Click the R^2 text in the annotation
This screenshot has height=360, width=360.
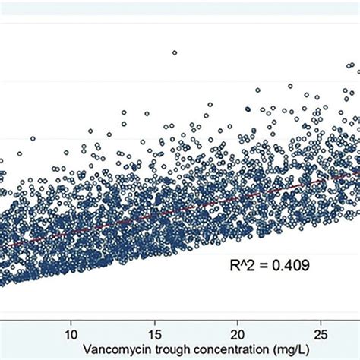tap(243, 266)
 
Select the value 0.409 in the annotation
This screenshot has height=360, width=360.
tap(289, 266)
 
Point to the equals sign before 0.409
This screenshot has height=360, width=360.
tap(264, 266)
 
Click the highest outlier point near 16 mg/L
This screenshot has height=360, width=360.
tap(175, 52)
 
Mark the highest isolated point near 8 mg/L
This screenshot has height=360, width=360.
tap(33, 138)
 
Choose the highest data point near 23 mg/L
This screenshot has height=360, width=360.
tap(290, 86)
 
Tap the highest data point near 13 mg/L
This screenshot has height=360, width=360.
tap(124, 112)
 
